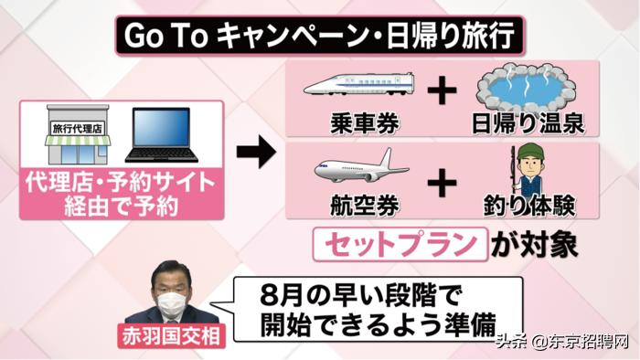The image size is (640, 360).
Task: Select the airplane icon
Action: point(361,169)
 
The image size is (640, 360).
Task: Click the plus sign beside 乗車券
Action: point(442,91)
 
